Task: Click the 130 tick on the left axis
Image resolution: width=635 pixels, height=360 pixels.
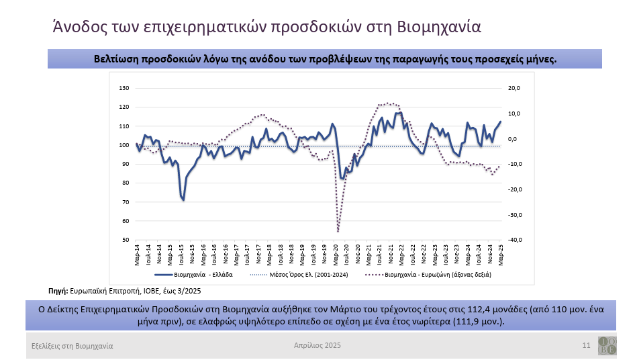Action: click(124, 88)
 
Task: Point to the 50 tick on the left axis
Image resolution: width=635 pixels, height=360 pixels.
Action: click(125, 240)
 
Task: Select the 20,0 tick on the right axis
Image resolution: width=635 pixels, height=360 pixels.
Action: click(512, 88)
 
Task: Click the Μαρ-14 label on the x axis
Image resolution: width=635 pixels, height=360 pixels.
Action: click(137, 255)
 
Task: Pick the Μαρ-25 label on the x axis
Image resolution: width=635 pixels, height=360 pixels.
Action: click(500, 255)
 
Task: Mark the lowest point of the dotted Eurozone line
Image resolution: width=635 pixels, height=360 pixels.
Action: click(338, 231)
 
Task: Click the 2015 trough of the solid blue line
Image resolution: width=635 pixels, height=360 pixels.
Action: click(183, 199)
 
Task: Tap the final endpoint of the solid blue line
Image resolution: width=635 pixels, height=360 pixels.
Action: click(500, 122)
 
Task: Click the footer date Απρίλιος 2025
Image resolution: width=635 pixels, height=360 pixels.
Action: click(317, 345)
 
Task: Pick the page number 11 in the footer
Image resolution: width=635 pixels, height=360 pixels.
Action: click(586, 345)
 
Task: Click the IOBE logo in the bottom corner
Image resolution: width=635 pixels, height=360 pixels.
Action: click(607, 345)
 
